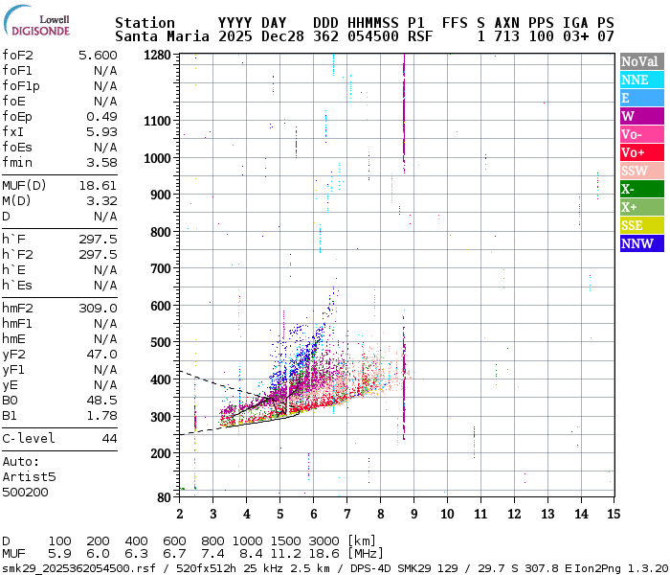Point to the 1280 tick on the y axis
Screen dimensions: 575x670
pos(158,56)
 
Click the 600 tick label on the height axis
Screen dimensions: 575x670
pos(162,306)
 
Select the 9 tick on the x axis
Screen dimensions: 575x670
pos(414,514)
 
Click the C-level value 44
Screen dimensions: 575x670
pos(109,439)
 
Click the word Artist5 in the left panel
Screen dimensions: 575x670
pos(29,476)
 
